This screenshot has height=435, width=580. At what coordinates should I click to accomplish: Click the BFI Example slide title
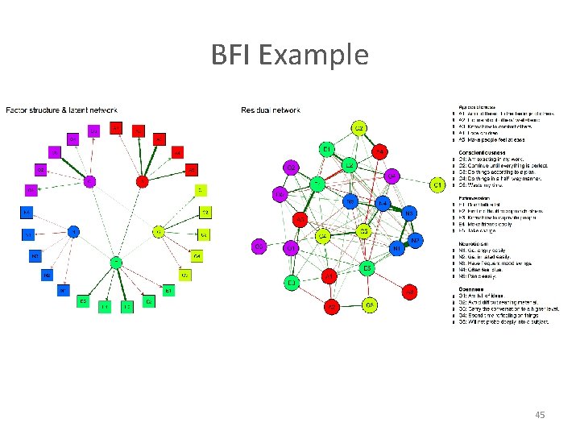pyautogui.click(x=290, y=55)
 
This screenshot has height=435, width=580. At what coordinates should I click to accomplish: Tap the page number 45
pyautogui.click(x=540, y=415)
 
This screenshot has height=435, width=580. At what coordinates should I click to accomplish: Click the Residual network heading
pyautogui.click(x=270, y=110)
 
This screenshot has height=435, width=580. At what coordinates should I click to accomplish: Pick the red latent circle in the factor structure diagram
pyautogui.click(x=143, y=181)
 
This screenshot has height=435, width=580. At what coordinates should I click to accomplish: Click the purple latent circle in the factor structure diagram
pyautogui.click(x=90, y=181)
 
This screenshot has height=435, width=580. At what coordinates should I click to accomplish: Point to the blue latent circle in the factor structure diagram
pyautogui.click(x=73, y=232)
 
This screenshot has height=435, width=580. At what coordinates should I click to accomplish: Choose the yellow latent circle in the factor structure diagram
pyautogui.click(x=159, y=232)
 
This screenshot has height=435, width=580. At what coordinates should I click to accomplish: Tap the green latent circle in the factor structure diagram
pyautogui.click(x=117, y=262)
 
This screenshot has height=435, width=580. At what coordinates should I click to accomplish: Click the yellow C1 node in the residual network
pyautogui.click(x=437, y=186)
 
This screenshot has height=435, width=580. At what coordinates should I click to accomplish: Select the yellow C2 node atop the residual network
pyautogui.click(x=359, y=129)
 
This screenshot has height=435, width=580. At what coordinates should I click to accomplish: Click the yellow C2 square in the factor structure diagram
pyautogui.click(x=205, y=213)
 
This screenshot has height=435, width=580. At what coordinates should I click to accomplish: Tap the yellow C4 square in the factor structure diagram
pyautogui.click(x=197, y=256)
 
